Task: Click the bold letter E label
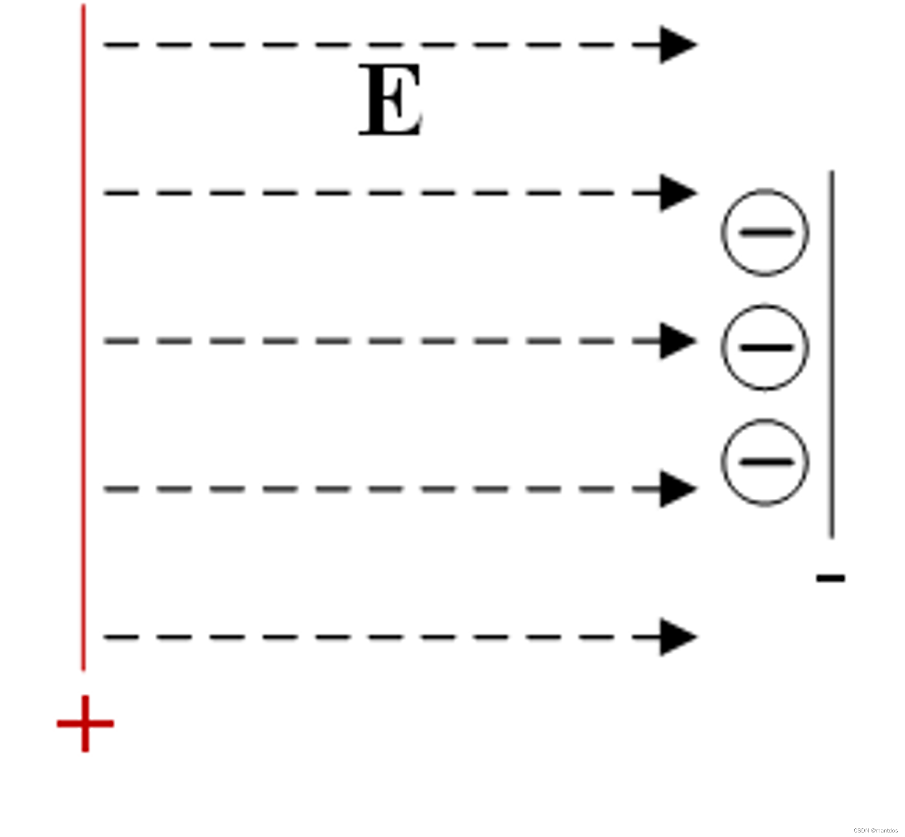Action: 391,99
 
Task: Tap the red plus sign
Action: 85,724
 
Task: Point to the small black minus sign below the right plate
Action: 830,578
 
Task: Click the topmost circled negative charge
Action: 765,233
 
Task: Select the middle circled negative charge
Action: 765,347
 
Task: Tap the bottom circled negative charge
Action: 765,462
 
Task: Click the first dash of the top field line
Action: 121,45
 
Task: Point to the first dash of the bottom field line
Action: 121,637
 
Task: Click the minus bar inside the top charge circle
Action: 766,233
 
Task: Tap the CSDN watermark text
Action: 875,830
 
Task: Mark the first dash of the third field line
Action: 121,341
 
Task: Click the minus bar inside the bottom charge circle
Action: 766,462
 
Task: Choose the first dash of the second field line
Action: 121,193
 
